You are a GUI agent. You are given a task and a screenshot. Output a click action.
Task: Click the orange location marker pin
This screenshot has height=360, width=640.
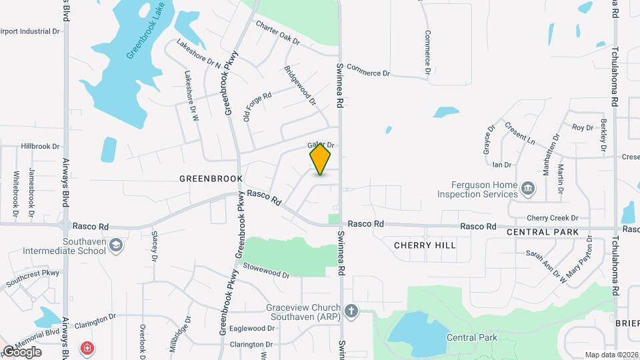321,159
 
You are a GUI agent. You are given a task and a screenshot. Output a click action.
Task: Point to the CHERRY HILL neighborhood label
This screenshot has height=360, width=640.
425,245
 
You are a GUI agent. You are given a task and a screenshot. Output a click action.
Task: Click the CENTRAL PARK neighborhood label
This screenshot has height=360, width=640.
537,232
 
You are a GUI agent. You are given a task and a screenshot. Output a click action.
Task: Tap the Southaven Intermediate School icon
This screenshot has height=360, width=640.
116,245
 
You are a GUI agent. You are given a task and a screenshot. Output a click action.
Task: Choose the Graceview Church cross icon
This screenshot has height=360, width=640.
351,311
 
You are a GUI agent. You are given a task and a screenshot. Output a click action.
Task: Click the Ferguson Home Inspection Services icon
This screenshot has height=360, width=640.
528,189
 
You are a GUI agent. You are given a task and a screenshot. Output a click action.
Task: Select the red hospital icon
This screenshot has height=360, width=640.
87,349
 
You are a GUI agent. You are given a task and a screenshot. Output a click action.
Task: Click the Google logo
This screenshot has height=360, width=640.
22,351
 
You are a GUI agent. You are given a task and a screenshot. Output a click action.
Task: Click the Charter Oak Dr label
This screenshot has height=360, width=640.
279,33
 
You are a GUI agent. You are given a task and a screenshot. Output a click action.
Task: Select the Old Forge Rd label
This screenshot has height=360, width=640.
257,106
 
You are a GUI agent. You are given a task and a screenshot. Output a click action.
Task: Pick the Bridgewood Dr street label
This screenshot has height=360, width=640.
300,86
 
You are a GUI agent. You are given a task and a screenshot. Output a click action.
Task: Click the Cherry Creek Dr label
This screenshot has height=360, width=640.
553,218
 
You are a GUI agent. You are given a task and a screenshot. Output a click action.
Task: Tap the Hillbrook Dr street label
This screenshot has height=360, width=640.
40,146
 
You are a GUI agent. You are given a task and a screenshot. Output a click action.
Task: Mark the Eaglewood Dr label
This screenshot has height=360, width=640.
252,329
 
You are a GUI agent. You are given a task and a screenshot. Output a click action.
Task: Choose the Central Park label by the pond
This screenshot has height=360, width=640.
472,338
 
